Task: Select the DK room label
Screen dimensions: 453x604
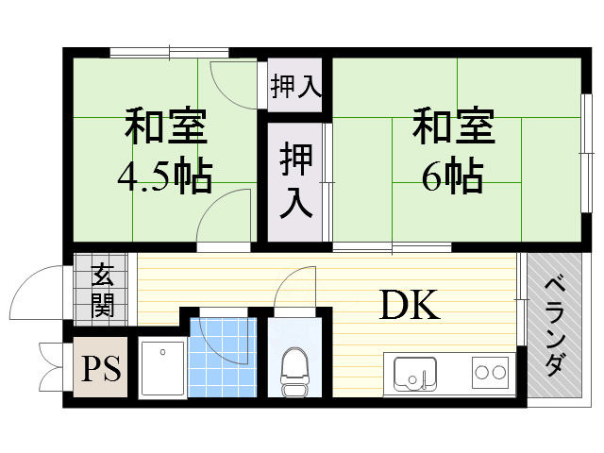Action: [x=410, y=304]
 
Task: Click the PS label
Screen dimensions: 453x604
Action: [x=99, y=367]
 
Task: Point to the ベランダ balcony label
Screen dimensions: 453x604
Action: [x=556, y=327]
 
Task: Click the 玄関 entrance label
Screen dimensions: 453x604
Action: [x=103, y=290]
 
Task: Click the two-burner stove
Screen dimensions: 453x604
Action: [x=490, y=372]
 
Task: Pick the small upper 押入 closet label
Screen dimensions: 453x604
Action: [x=295, y=88]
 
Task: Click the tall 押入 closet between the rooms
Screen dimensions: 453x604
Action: [x=295, y=182]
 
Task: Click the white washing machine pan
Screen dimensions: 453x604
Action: [x=162, y=367]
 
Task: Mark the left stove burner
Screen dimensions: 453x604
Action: [x=480, y=372]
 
